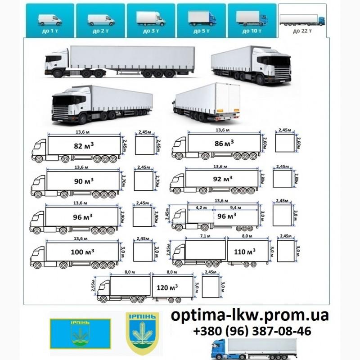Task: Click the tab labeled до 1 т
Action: (50, 20)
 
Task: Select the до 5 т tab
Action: (201, 20)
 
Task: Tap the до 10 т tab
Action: (252, 20)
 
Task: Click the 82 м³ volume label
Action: (84, 146)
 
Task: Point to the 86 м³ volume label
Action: (224, 144)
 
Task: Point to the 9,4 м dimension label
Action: (235, 208)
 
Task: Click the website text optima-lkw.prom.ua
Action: (250, 315)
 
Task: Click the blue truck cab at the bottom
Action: (222, 348)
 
